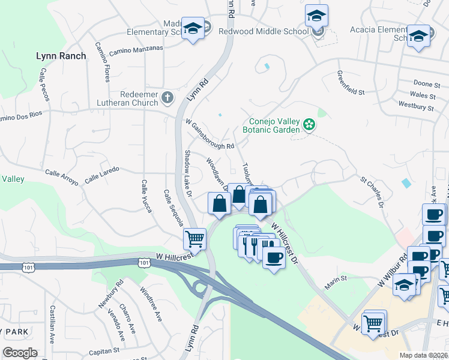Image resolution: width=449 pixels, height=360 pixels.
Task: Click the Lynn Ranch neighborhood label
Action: [x=61, y=56]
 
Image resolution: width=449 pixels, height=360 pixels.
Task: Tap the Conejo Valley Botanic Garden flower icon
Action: [x=309, y=125]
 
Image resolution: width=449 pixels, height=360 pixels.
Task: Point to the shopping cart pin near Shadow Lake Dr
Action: [x=194, y=239]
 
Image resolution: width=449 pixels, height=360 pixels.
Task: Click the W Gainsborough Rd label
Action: [x=209, y=134]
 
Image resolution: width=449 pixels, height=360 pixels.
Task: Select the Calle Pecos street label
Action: [x=44, y=83]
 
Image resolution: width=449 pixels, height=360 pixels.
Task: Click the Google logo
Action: [x=20, y=353]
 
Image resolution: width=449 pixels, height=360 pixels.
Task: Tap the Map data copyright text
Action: [x=424, y=355]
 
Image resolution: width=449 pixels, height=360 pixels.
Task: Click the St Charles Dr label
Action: [x=372, y=192]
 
